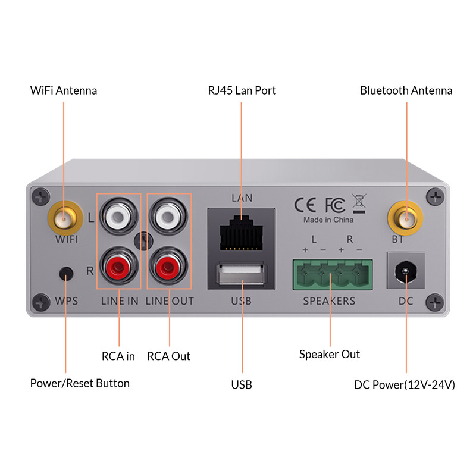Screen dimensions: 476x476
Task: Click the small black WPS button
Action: click(x=67, y=274)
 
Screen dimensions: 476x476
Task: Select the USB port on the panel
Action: click(x=242, y=277)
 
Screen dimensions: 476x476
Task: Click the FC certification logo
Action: click(x=334, y=205)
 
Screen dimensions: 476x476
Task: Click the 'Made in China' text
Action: click(x=328, y=220)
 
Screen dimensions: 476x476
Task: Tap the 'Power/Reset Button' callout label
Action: click(x=80, y=383)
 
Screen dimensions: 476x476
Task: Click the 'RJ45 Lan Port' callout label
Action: click(x=242, y=90)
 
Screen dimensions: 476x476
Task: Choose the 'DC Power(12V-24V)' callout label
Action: click(x=405, y=385)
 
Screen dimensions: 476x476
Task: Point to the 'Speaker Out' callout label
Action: click(x=329, y=355)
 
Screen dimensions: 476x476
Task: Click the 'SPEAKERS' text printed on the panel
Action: click(x=329, y=301)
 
